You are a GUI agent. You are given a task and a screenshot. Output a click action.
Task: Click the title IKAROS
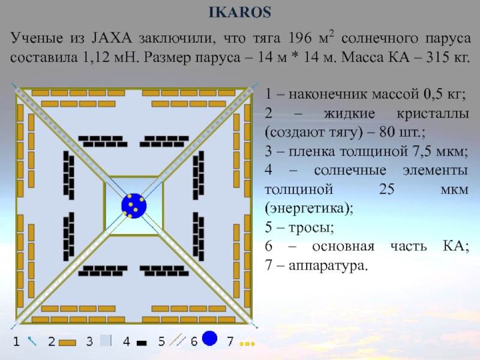coord(239,13)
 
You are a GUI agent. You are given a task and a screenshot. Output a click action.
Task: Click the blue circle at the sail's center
coord(133,205)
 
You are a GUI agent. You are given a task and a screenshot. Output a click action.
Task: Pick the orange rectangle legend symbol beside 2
coord(68,343)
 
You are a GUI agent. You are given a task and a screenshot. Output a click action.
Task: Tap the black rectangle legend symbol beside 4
coord(142,343)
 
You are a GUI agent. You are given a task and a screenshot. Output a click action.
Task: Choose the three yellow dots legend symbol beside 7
coord(247,344)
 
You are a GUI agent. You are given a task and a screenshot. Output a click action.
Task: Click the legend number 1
coord(17,342)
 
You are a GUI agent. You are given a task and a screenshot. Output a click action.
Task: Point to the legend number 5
coord(161,342)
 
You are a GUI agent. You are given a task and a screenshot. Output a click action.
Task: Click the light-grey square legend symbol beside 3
coord(106,341)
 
